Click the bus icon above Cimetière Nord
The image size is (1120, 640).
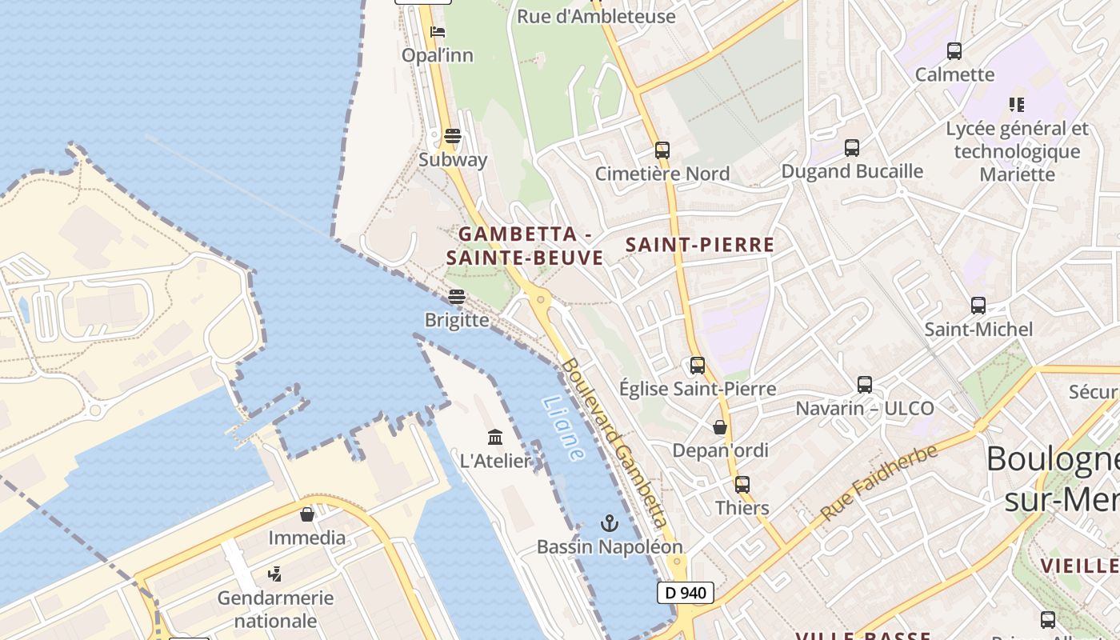(662, 150)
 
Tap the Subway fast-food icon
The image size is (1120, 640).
(453, 136)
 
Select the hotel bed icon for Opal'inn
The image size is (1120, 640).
(438, 32)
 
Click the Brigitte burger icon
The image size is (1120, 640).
(457, 297)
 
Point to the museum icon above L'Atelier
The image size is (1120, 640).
(495, 437)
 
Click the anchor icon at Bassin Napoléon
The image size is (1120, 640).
(610, 523)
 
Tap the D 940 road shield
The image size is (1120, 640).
(685, 593)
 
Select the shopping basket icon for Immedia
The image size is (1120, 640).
(307, 514)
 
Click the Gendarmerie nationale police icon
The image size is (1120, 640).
(275, 574)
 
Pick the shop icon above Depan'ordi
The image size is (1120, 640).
(720, 427)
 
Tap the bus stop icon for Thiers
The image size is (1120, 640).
(742, 484)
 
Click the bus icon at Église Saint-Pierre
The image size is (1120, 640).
(698, 366)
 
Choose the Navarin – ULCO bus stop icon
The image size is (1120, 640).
(865, 385)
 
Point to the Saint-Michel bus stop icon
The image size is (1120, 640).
(978, 305)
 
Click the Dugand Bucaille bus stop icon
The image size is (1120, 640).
(852, 147)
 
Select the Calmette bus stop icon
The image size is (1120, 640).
(954, 51)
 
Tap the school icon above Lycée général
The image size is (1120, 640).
(1017, 104)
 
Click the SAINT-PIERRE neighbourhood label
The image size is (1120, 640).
(700, 245)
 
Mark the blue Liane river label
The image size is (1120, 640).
(563, 428)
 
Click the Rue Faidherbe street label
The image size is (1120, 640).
(878, 483)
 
